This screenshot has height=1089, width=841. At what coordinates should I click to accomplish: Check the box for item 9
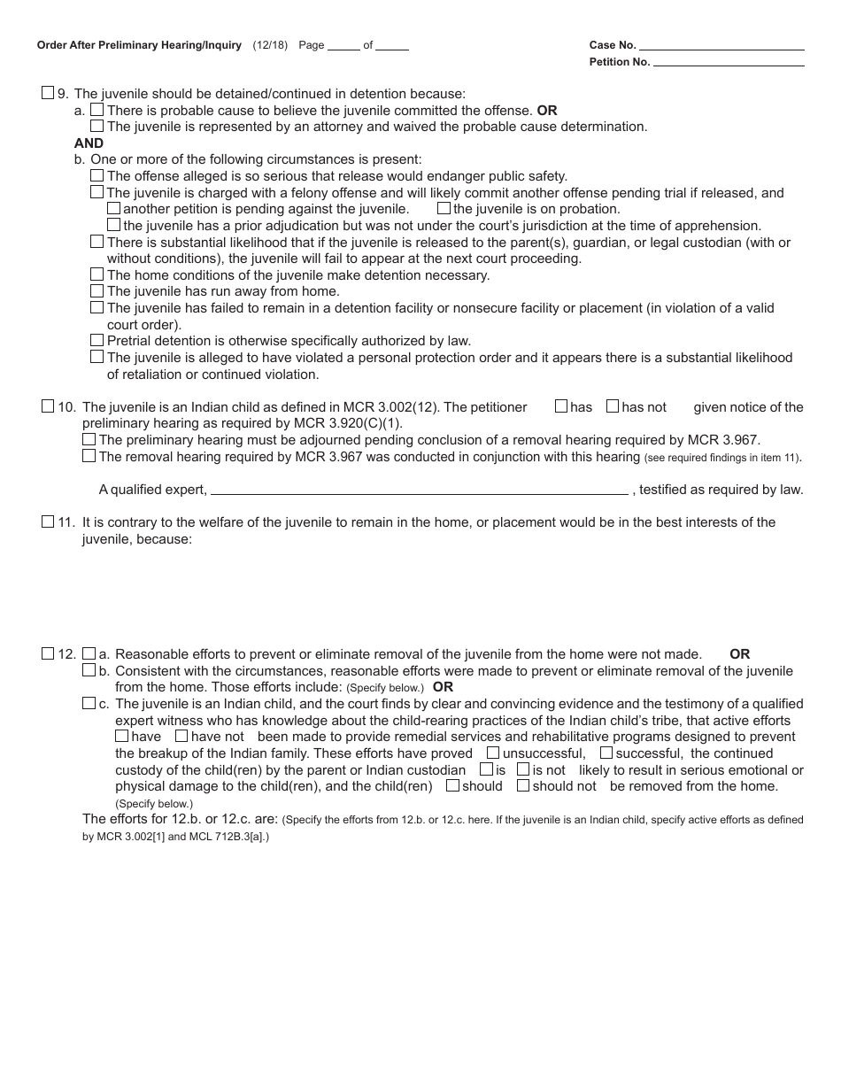pos(48,93)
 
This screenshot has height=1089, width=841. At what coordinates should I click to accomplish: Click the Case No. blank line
pos(721,45)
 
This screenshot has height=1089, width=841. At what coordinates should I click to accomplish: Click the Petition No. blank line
pos(729,62)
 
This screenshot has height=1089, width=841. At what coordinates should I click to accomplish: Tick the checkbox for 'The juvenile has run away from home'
pos(97,290)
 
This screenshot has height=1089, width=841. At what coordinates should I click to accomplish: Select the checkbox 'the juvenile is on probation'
pos(444,208)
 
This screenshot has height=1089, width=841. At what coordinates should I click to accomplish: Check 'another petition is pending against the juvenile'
pos(113,208)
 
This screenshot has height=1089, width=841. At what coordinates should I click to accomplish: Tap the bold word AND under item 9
pos(89,143)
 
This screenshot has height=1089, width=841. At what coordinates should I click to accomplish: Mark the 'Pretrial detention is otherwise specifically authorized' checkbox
pos(97,340)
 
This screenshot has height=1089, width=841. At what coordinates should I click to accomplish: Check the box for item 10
pos(48,406)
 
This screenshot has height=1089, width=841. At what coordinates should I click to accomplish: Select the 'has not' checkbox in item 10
pos(613,406)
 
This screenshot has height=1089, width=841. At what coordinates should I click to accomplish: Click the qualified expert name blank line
pos(419,490)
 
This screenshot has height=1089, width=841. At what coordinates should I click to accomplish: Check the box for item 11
pos(48,521)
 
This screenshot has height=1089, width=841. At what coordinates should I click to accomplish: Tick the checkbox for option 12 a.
pos(89,653)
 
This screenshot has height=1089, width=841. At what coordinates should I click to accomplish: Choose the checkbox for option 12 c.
pos(89,703)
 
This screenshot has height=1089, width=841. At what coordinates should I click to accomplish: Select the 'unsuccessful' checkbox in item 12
pos(493,753)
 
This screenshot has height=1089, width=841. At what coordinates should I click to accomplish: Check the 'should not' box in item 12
pos(523,785)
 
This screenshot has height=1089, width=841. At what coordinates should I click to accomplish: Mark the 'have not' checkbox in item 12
pos(181,736)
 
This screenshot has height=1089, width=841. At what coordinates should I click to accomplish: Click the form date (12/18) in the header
pos(270,45)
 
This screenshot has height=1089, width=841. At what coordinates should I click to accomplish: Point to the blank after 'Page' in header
pos(343,46)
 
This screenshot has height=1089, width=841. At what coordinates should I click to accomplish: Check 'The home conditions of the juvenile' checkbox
pos(97,274)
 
